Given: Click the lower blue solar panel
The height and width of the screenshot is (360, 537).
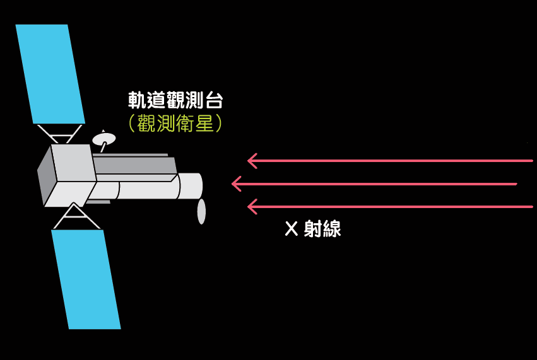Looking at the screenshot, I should click(x=86, y=279).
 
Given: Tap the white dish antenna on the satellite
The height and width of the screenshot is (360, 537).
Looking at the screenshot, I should click(x=103, y=139).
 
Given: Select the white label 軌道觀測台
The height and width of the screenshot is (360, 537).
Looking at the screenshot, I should click(x=175, y=100).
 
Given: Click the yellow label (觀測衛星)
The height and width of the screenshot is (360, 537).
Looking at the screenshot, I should click(x=175, y=122).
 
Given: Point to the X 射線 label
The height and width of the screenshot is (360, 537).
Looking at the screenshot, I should click(x=312, y=229).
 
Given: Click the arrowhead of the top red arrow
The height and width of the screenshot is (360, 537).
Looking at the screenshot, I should click(x=252, y=161).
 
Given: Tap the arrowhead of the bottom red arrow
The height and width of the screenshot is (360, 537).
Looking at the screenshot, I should click(x=252, y=206).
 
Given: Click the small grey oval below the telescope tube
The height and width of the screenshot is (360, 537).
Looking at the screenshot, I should click(x=201, y=211).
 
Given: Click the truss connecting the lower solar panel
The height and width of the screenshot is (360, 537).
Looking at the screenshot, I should click(x=75, y=217).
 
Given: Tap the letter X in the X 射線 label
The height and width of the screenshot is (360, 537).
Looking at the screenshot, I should click(x=290, y=229).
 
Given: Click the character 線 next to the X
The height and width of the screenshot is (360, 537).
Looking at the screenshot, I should click(x=331, y=229).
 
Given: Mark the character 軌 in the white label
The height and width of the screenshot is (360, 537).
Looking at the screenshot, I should click(x=137, y=100).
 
